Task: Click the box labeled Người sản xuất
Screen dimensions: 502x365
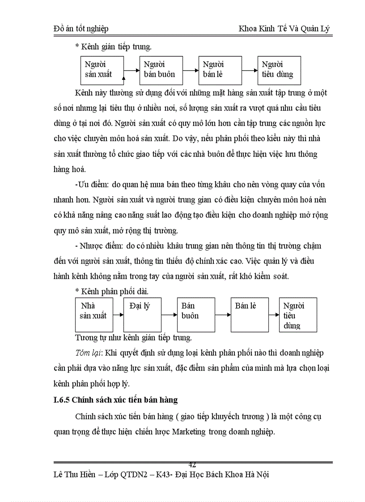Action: tap(102, 70)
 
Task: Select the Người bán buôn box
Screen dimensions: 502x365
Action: tap(161, 70)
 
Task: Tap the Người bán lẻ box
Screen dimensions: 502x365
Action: tap(219, 70)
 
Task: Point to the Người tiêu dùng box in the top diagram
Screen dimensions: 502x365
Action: tap(279, 70)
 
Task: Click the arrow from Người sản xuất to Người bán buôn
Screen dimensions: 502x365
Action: tap(132, 70)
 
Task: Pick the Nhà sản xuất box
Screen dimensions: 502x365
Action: tap(93, 315)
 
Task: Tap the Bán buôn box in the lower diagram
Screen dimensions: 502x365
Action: tap(195, 315)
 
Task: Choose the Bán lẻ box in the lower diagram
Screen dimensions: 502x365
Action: tap(249, 315)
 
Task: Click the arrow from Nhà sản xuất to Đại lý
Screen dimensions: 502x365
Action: tap(118, 315)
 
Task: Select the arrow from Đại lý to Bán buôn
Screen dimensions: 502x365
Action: tap(169, 315)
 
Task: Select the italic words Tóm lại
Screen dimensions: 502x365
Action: tap(89, 353)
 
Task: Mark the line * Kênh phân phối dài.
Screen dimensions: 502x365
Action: tap(112, 291)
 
